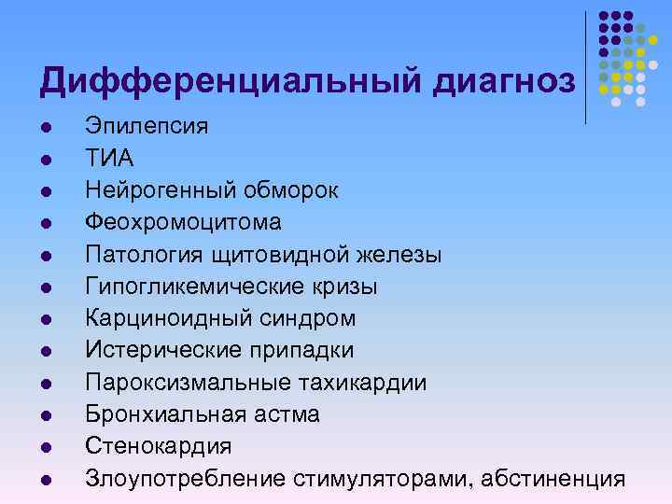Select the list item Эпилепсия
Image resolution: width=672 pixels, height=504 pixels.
tap(147, 124)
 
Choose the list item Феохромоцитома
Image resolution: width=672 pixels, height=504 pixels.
tap(183, 222)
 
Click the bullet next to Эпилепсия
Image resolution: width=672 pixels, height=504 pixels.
tap(45, 126)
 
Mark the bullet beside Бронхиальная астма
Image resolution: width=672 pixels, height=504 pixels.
tap(45, 414)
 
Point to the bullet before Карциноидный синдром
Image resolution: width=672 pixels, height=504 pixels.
tap(45, 318)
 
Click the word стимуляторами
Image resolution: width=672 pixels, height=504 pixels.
tap(373, 478)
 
